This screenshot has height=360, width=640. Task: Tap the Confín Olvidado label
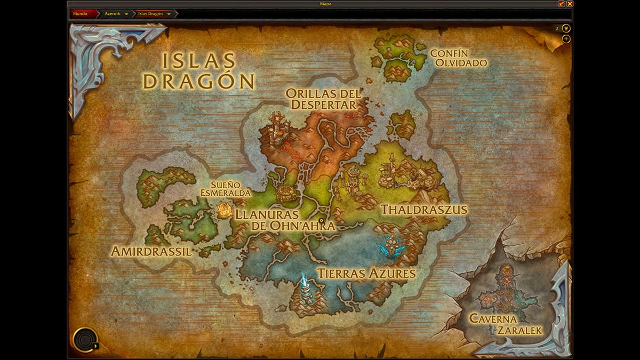tap(458, 58)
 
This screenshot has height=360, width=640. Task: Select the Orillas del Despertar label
tap(323, 99)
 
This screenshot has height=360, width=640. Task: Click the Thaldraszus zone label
tap(423, 209)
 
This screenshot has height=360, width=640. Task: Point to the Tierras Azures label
tap(366, 274)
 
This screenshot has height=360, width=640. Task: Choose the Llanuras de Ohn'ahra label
tap(285, 220)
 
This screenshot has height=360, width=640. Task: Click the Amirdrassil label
tap(151, 251)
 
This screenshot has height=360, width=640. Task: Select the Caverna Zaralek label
tap(505, 324)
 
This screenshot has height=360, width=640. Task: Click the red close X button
tap(570, 4)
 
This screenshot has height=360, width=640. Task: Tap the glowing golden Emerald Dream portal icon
tap(225, 210)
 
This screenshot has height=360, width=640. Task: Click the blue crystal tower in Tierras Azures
tap(391, 245)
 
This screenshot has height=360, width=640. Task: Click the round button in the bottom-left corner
tap(85, 339)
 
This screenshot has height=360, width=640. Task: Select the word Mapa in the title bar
tap(321, 4)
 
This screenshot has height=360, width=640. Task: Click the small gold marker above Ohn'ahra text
tap(321, 220)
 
